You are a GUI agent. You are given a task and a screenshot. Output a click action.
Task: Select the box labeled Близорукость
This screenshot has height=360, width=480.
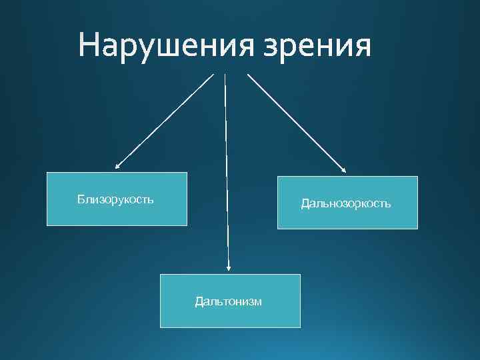point(117,199)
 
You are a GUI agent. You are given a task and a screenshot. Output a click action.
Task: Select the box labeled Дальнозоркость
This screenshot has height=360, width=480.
point(347,202)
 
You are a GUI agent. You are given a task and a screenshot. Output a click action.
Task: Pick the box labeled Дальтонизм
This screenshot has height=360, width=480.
point(230,301)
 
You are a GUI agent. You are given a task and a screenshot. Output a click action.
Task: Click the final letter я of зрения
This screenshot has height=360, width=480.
point(359,48)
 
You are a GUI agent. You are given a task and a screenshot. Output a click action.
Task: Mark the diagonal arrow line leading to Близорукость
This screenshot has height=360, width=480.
point(164,120)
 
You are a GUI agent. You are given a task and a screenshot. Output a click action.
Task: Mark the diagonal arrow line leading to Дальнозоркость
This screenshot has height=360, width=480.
point(297,123)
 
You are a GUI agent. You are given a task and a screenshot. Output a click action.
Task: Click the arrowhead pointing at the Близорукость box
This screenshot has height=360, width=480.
point(117,167)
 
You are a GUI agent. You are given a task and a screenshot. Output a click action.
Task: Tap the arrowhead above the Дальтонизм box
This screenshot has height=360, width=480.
point(229,268)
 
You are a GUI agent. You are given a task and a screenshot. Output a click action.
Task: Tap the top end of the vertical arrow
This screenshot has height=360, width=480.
point(225,75)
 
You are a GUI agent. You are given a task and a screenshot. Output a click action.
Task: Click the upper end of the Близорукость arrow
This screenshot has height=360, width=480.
point(213,74)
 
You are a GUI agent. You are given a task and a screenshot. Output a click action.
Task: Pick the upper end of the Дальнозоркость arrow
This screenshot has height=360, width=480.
point(249,74)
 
